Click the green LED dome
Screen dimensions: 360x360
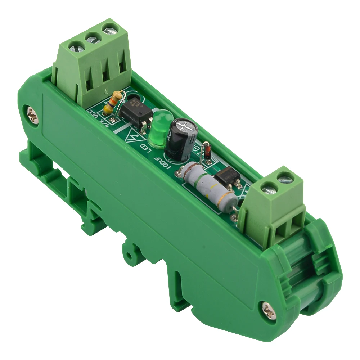[x=159, y=128]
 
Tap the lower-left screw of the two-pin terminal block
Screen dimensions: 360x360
[x=268, y=188]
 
